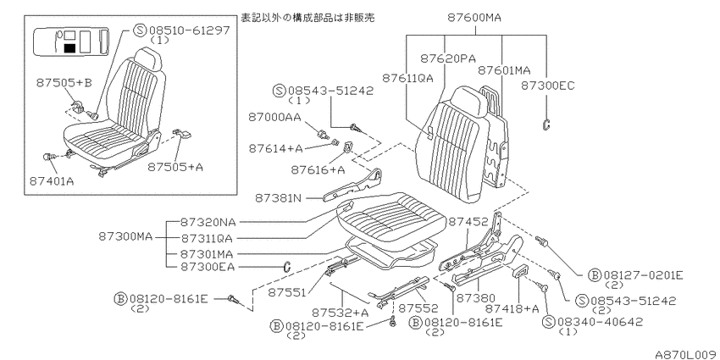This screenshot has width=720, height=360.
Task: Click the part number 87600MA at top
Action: pos(474,18)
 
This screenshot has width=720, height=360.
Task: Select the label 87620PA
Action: pos(448,58)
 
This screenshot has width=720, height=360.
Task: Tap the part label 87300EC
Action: pos(548,86)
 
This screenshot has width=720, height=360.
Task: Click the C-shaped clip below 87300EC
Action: pos(547,124)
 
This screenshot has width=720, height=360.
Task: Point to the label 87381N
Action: pos(279,198)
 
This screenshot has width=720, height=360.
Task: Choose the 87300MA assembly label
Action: pos(125,236)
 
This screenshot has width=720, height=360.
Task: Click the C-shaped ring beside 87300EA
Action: pos(286,266)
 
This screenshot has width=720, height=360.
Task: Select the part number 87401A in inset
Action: pos(52,181)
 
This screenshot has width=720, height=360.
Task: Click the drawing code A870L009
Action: pos(686,354)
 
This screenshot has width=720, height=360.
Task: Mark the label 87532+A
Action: pos(341,313)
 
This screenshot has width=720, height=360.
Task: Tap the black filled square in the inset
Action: pos(69,47)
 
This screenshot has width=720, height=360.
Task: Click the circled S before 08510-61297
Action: pos(139,30)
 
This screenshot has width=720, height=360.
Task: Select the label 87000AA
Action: pos(275,117)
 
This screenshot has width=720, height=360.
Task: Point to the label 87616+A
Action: pos(318,170)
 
